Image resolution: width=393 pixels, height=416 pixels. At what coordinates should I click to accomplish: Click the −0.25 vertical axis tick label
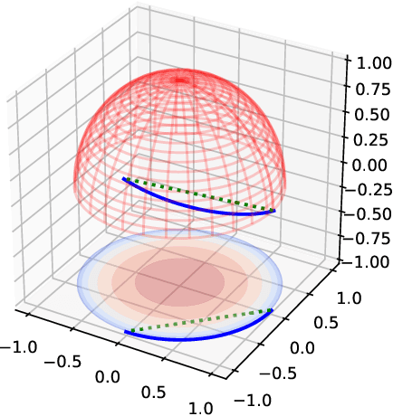[365, 190]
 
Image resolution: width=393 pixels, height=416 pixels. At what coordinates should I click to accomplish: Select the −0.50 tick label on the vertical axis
[365, 215]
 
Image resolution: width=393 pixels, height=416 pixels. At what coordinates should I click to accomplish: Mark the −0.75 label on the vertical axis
[365, 241]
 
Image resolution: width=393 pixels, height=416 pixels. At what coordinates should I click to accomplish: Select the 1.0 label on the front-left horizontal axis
[201, 407]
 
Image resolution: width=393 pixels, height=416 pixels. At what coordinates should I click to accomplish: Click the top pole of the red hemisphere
[180, 80]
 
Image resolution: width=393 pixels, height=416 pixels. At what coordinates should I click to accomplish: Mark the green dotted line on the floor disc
[199, 321]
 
